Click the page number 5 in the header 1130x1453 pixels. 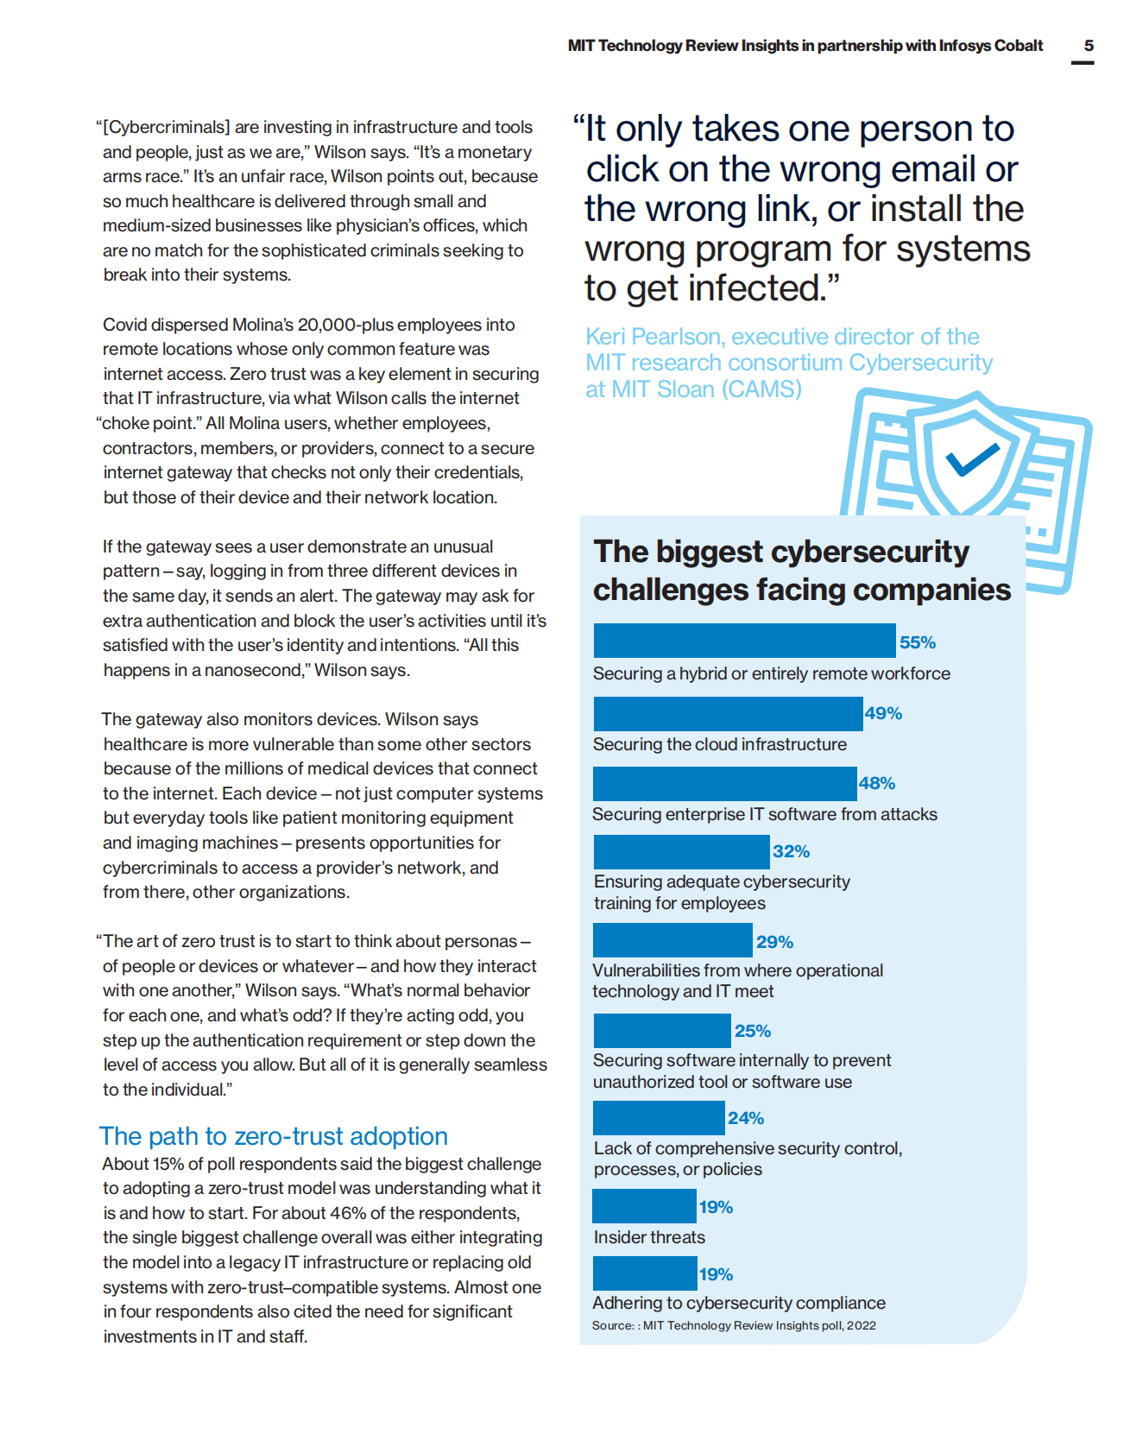(x=1089, y=46)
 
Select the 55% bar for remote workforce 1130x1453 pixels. (x=744, y=641)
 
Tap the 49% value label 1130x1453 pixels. (x=883, y=713)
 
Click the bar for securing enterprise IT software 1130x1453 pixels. (x=724, y=783)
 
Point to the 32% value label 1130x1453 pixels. (x=791, y=851)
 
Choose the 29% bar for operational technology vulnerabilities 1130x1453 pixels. (x=672, y=940)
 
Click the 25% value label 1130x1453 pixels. (x=752, y=1031)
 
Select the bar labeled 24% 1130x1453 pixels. (x=659, y=1118)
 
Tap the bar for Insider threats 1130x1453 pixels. (x=644, y=1206)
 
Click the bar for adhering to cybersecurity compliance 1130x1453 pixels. (x=645, y=1273)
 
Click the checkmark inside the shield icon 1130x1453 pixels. (x=972, y=458)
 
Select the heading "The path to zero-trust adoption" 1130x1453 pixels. (x=273, y=1136)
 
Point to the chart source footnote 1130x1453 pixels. (x=734, y=1325)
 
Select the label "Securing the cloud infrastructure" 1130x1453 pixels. (x=719, y=744)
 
